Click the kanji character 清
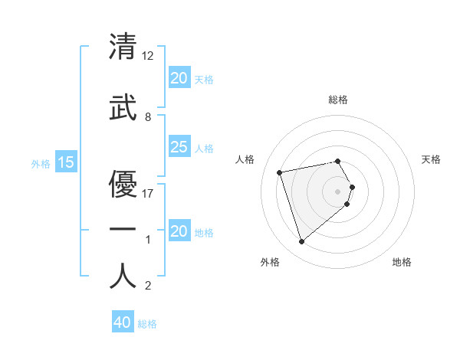[123, 46]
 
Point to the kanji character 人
[123, 276]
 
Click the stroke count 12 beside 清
[149, 56]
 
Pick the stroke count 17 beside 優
[149, 194]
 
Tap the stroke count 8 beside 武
[148, 117]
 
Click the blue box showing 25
[179, 147]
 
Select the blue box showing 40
[122, 323]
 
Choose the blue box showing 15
[65, 162]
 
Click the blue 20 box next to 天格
[179, 78]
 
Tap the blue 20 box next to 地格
[179, 231]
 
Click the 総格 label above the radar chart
[338, 100]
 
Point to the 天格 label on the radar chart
[432, 159]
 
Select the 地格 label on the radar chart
[402, 262]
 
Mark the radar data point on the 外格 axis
[301, 241]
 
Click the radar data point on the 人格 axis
[280, 172]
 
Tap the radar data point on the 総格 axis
[338, 161]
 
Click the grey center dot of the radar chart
[338, 191]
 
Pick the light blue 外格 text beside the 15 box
[40, 163]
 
